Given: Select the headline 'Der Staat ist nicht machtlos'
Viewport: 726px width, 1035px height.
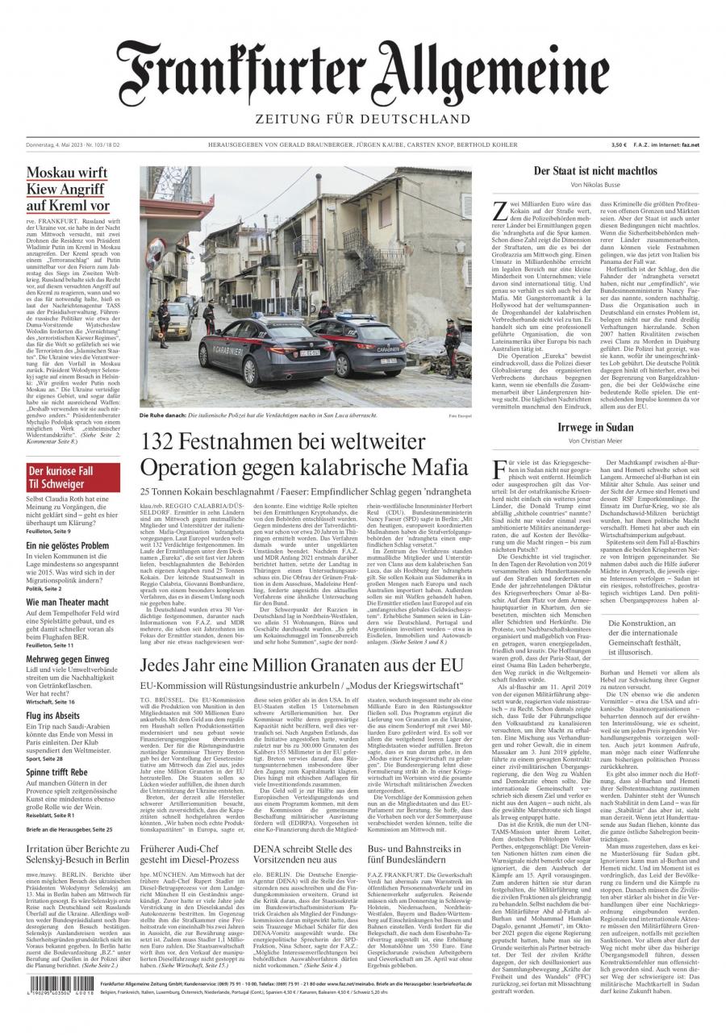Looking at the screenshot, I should coord(595,171).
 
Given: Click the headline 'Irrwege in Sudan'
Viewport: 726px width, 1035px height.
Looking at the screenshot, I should coord(595,427).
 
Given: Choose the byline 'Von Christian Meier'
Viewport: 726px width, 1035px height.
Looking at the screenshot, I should coord(595,441).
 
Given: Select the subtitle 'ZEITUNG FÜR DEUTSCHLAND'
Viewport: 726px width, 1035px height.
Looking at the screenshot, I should coord(362,119).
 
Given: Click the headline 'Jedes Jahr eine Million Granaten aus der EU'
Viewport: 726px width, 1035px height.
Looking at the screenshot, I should coord(305,664).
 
